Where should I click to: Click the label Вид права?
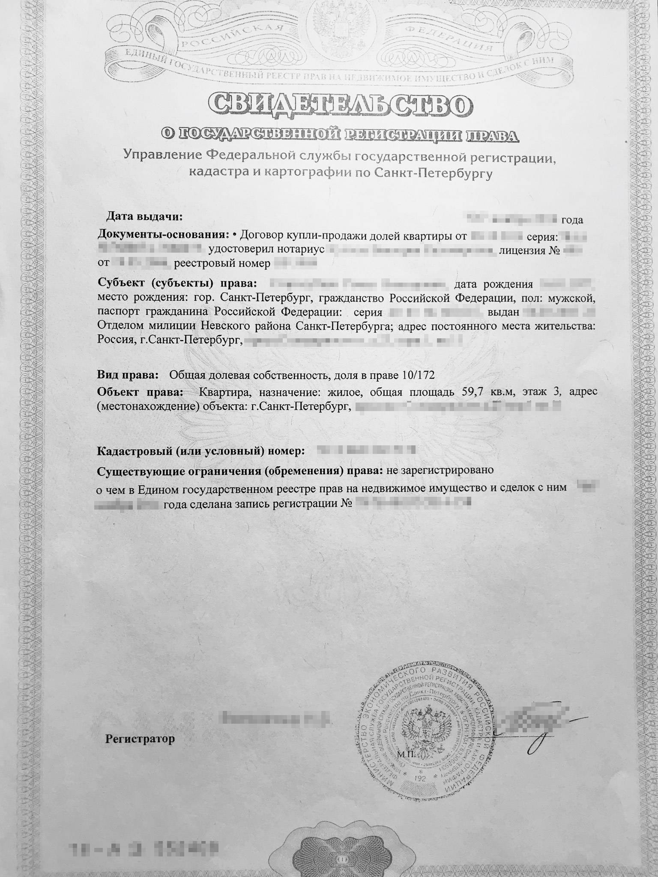[x=127, y=376]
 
